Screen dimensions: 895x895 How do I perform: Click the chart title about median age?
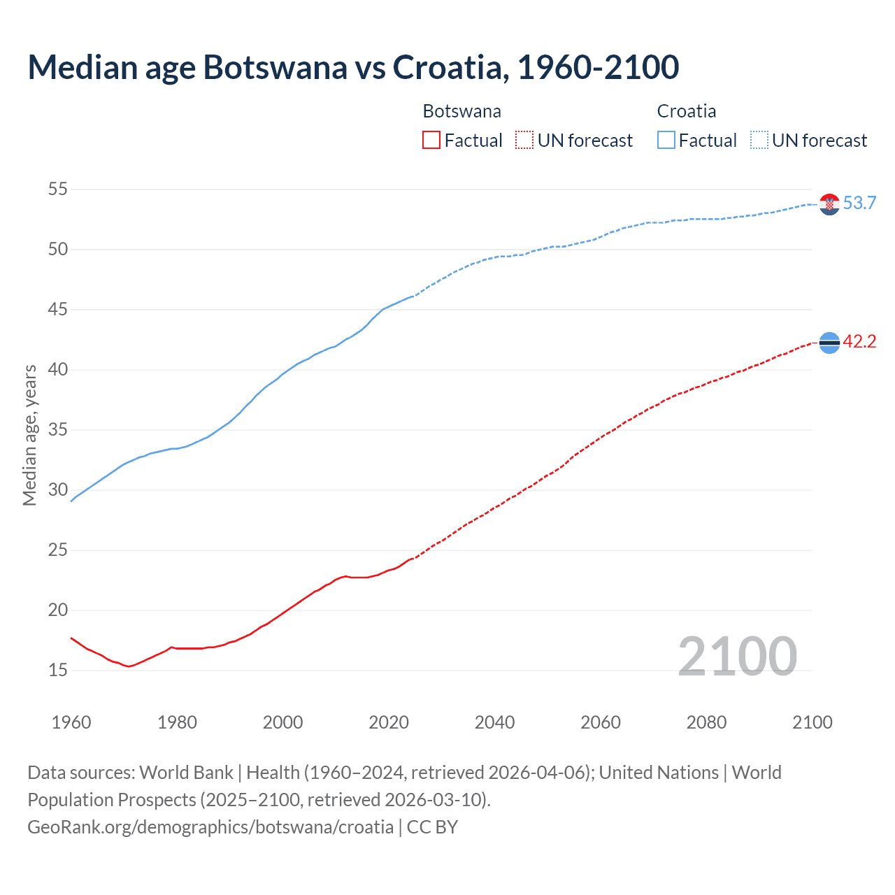coord(353,67)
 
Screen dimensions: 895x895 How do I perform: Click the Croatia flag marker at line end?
coord(829,204)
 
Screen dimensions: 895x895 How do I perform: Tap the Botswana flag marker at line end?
coord(829,343)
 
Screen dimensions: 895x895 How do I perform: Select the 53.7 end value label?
coord(859,203)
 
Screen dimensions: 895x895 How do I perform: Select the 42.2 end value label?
coord(859,342)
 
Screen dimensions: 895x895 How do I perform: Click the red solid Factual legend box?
coord(431,141)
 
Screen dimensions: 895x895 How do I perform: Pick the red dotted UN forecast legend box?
coord(524,141)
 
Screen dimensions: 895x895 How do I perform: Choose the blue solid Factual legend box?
coord(666,141)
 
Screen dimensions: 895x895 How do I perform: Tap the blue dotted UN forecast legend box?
coord(759,141)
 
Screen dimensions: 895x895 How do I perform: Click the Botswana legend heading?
coord(461,111)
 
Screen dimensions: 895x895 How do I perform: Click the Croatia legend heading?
coord(686,111)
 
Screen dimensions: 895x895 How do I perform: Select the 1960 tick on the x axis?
coord(71,722)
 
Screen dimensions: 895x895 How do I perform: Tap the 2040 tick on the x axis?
coord(495,722)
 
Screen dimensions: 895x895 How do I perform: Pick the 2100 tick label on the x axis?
coord(812,722)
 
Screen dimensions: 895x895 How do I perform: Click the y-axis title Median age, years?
coord(29,435)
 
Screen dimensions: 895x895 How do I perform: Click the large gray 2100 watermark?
coord(737,656)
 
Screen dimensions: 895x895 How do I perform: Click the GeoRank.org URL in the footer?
coord(210,827)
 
